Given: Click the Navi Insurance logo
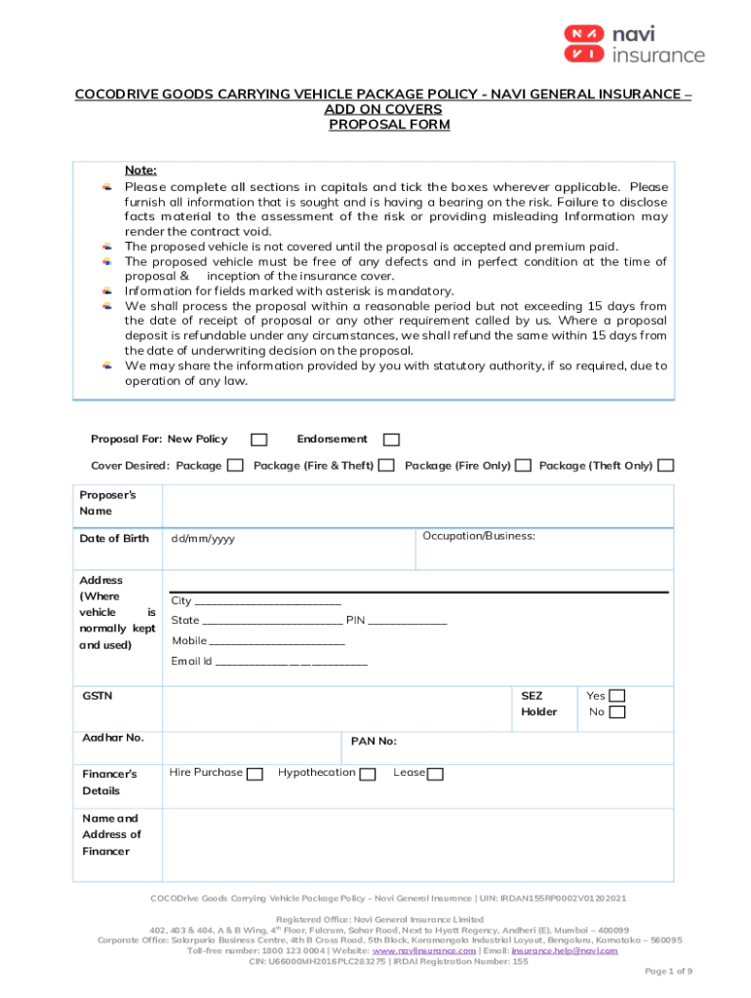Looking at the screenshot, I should click(633, 44).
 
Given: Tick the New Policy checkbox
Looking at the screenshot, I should click(259, 440).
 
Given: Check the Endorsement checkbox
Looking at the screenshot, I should click(391, 440).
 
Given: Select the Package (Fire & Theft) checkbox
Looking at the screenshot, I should click(386, 466).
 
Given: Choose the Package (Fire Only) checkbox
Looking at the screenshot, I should click(523, 466).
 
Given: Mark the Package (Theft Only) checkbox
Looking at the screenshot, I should click(665, 466).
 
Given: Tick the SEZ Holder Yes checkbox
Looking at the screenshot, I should click(616, 696).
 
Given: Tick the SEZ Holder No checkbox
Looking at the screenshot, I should click(616, 712).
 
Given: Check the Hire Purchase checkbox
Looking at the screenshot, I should click(255, 774).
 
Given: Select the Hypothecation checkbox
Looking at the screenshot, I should click(368, 774).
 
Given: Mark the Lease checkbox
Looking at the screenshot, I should click(435, 774).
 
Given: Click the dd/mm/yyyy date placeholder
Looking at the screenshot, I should click(203, 539).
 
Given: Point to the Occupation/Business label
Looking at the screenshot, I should click(478, 536).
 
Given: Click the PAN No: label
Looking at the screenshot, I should click(374, 742).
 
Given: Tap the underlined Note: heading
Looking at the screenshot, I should click(140, 170).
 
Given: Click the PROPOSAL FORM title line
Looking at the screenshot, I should click(388, 125).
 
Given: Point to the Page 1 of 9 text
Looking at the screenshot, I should click(668, 972).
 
